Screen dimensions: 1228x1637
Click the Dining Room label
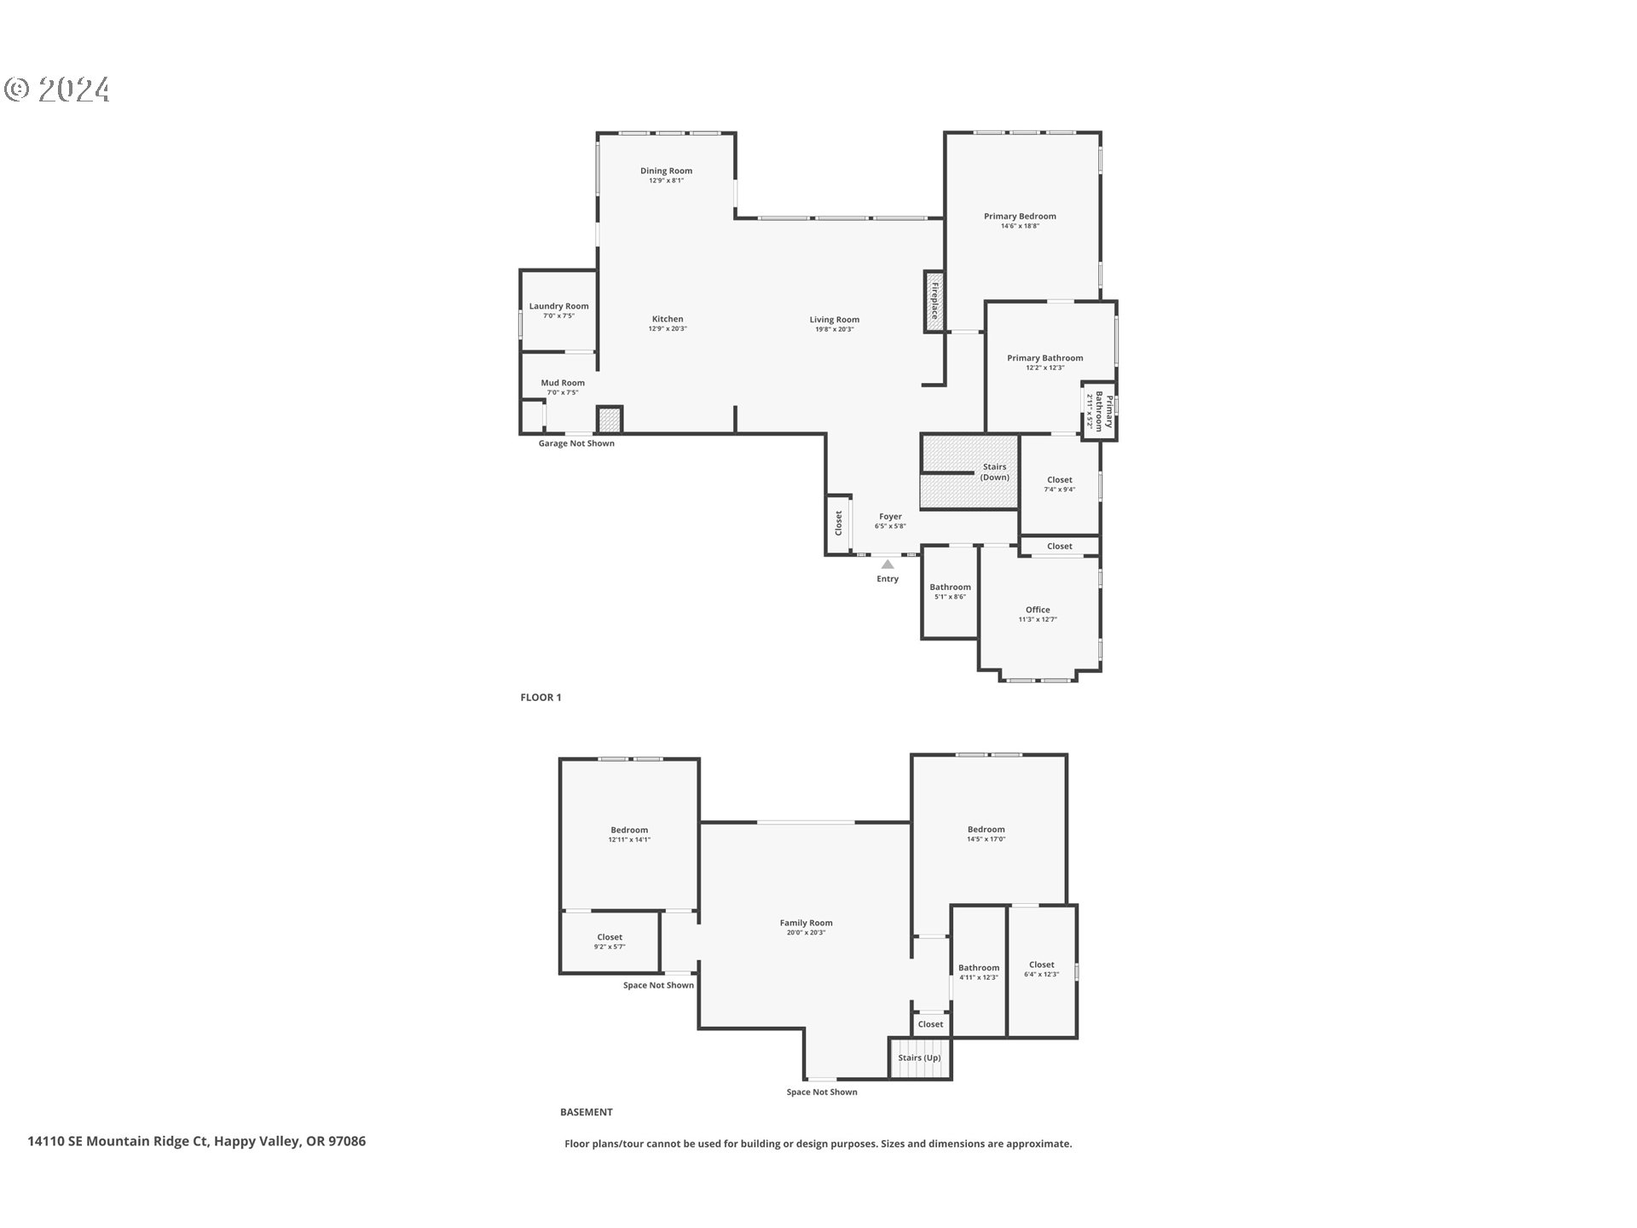pos(666,171)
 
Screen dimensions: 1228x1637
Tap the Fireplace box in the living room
pos(934,301)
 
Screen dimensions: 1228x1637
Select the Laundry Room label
pos(558,306)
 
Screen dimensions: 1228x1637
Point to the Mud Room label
pos(563,383)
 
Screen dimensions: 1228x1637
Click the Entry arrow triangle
pos(888,565)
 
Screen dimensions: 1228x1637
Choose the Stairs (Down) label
pos(994,472)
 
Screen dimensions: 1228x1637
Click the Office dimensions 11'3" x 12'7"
pos(1038,620)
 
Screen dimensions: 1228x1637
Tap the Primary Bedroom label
pos(1020,216)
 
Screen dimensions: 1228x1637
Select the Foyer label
pos(890,516)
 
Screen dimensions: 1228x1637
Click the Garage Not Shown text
pos(576,443)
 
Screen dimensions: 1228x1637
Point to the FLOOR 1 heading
pos(541,698)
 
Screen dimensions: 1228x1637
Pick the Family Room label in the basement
pos(806,923)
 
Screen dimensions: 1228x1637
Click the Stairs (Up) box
pos(920,1058)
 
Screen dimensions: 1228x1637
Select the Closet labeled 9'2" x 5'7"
pos(610,941)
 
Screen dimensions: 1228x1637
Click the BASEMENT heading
pos(586,1112)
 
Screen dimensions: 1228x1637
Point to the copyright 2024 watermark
pos(57,90)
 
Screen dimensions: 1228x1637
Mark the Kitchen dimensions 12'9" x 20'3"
pos(668,329)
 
